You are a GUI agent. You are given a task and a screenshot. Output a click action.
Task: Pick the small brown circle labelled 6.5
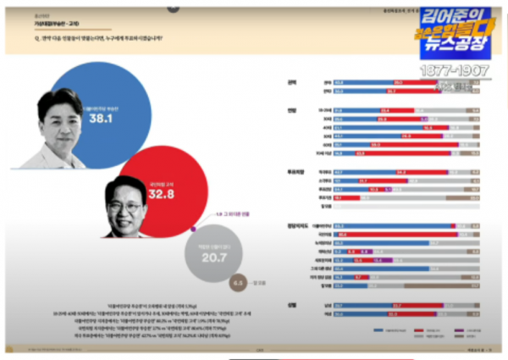239,283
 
